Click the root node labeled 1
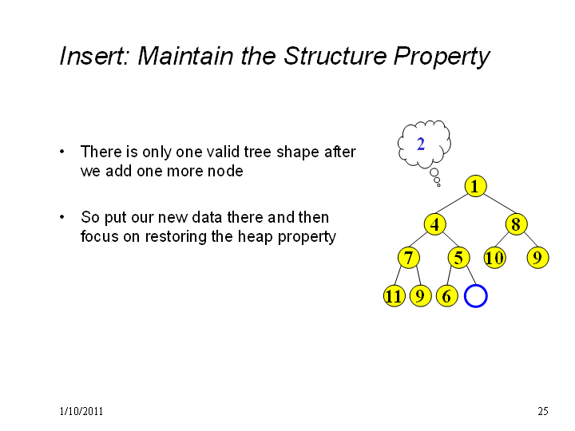[475, 186]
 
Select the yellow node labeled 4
[435, 224]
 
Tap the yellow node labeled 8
[517, 224]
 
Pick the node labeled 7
[409, 257]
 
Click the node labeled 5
[458, 257]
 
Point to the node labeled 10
[494, 257]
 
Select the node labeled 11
[395, 296]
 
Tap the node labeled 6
[447, 296]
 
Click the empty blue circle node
[476, 286]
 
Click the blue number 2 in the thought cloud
[421, 144]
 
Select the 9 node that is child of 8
[537, 257]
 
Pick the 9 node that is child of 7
[421, 296]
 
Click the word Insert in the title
[94, 56]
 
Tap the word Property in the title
[442, 57]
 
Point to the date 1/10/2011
[81, 411]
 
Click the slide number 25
[543, 411]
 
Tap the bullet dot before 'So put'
[62, 217]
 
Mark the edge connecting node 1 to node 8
[499, 204]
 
